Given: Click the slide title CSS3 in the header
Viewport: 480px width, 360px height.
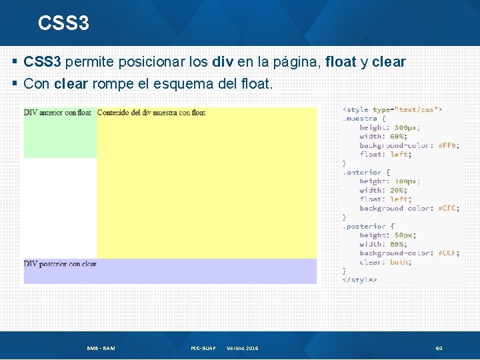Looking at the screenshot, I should coord(63,23).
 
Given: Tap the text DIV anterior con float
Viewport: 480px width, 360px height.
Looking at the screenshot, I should coord(57,113).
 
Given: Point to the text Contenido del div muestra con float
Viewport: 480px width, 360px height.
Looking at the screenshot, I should coord(151,113).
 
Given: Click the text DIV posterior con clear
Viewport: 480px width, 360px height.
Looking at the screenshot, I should coord(60,264).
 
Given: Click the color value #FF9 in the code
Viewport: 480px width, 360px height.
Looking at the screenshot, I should coord(448,145).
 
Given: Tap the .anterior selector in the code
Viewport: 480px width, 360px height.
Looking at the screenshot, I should coord(364,172).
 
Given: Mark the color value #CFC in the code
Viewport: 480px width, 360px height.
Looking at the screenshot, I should coord(448,208).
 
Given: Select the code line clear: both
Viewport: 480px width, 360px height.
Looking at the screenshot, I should coord(385,262).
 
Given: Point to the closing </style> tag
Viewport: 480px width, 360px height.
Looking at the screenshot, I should coord(359,280).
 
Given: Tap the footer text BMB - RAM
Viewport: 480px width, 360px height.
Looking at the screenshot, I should coord(101,348).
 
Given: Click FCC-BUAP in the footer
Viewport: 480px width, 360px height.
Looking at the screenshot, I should coord(203,348).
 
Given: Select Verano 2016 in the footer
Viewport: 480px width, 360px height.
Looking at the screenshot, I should coord(243,348).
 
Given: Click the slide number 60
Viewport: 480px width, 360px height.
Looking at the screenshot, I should coord(439,348).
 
